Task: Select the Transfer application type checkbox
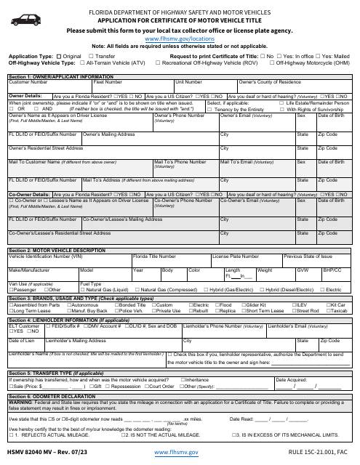[92, 55]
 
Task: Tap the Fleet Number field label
[108, 82]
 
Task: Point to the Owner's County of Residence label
[270, 82]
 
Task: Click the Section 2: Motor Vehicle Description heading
[54, 250]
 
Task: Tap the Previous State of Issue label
[308, 256]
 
